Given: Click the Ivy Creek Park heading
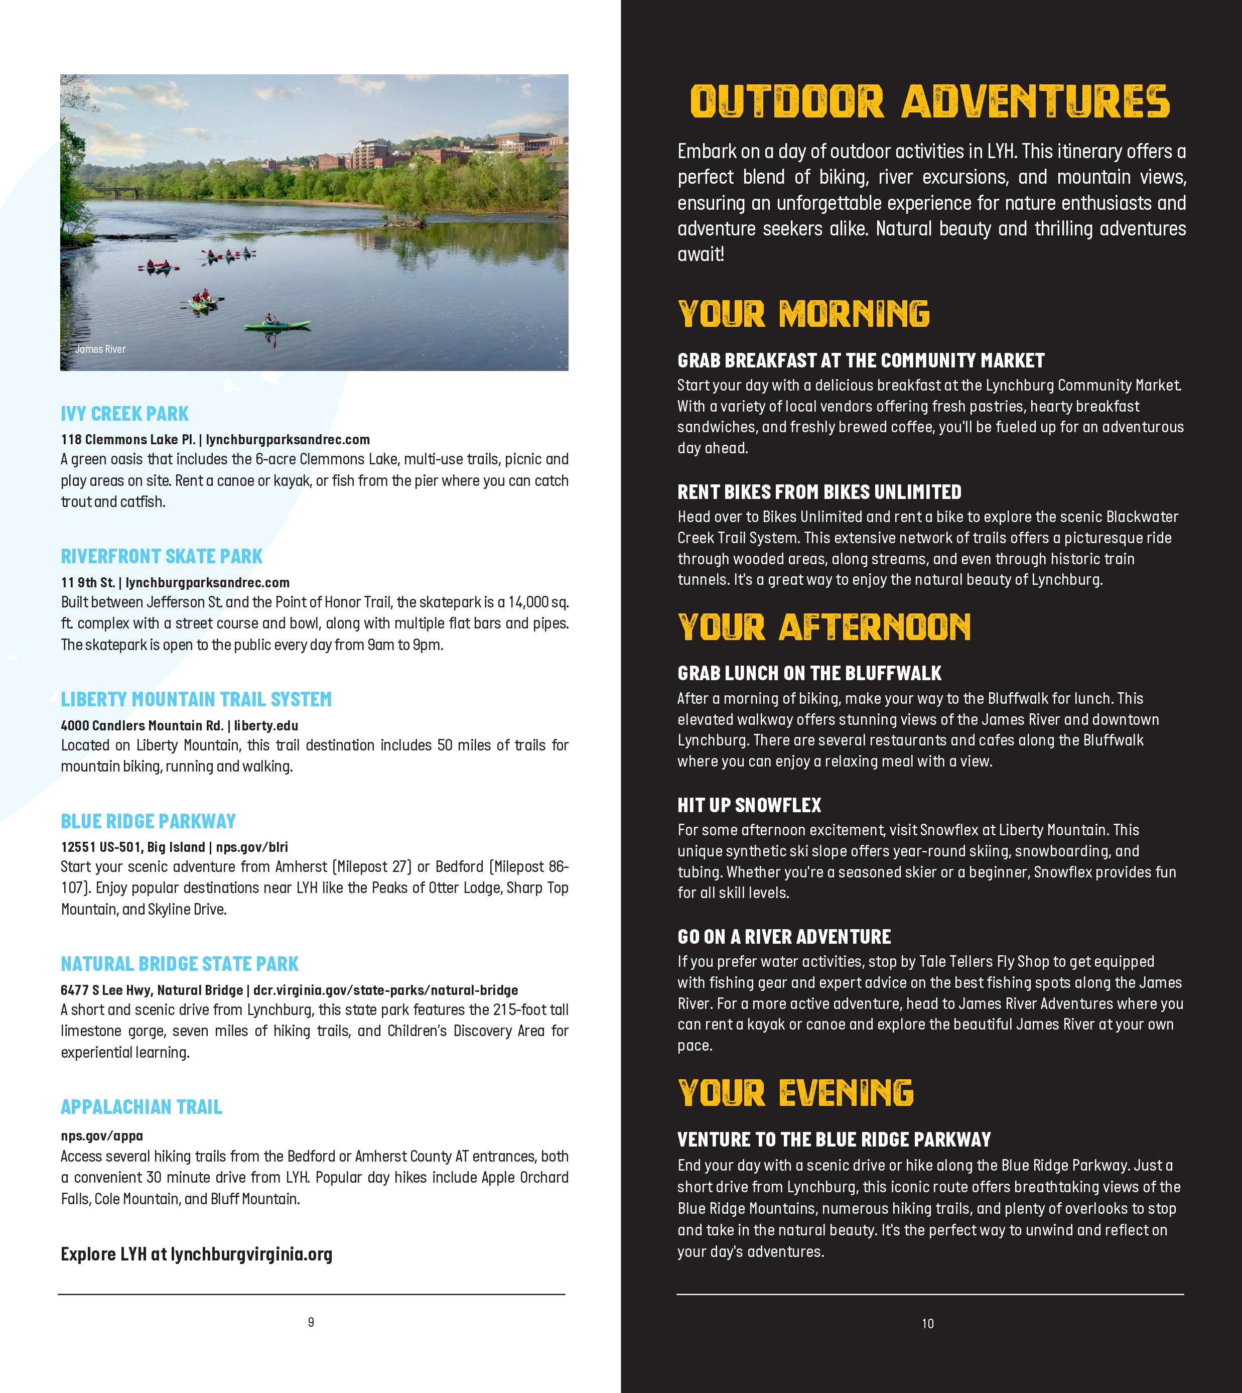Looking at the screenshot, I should click(125, 414).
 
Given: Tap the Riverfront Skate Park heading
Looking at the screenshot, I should click(162, 556).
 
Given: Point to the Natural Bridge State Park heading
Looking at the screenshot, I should click(180, 964).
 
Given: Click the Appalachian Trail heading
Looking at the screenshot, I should click(141, 1106).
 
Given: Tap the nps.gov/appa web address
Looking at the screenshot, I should click(102, 1135).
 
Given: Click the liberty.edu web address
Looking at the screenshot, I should click(266, 725).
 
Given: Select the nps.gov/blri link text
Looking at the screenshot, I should click(252, 847).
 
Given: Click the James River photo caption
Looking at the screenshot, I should click(100, 349).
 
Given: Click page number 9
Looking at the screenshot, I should click(311, 1322).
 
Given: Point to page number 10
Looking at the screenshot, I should click(928, 1323).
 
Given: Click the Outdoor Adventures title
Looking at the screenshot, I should click(930, 102).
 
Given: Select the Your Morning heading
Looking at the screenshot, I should click(803, 314).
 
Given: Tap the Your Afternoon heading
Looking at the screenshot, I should click(823, 627).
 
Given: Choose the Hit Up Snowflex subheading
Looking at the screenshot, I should click(749, 805).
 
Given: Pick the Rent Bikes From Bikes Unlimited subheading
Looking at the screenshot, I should click(819, 492).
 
